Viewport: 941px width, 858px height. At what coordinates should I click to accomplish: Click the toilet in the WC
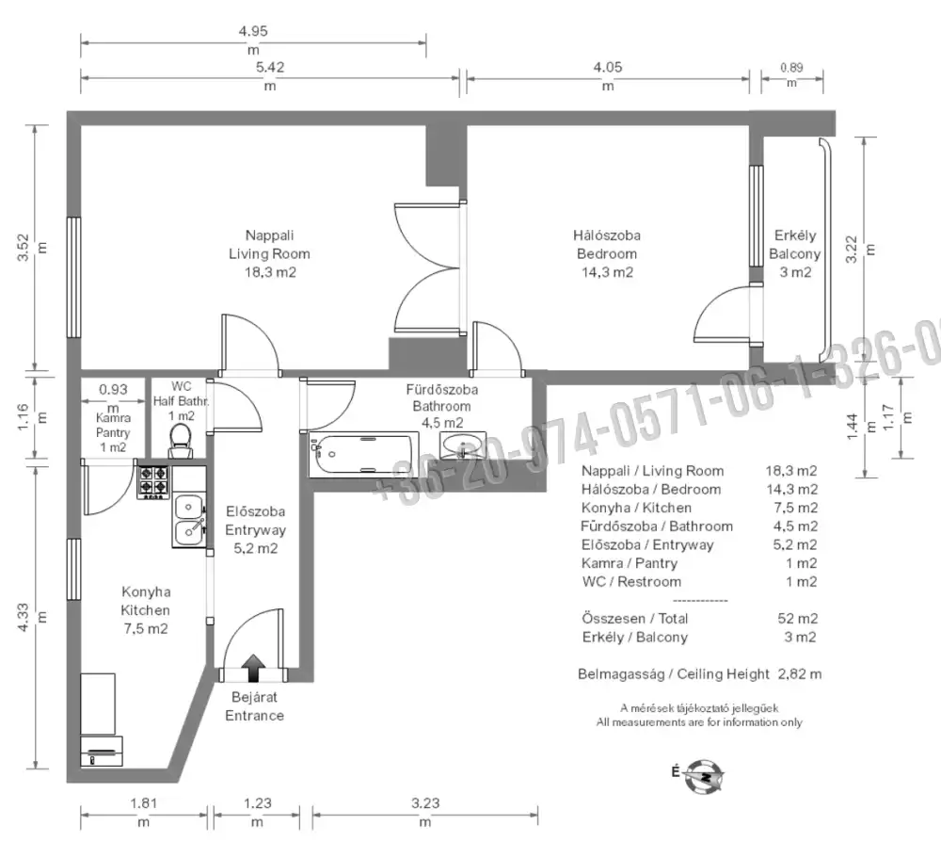(180, 441)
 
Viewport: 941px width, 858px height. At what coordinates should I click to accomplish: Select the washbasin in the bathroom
(463, 445)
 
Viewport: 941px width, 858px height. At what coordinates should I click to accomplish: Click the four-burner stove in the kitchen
(154, 482)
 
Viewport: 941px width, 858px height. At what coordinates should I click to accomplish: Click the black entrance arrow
(254, 668)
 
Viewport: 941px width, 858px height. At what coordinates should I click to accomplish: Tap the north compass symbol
(706, 776)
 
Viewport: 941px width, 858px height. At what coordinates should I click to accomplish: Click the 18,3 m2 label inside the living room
(270, 272)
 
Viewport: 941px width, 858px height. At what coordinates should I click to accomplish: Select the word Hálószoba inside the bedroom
(607, 235)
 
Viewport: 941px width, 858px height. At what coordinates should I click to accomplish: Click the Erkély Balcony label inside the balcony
(794, 245)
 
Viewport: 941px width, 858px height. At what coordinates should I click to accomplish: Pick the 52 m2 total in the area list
(798, 618)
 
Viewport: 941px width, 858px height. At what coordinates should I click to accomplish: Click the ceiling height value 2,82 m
(800, 674)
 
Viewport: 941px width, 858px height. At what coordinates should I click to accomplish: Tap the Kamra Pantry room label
(113, 425)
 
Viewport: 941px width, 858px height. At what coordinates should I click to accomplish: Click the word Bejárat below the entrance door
(254, 697)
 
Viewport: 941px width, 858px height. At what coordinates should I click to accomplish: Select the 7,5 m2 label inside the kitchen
(145, 629)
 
